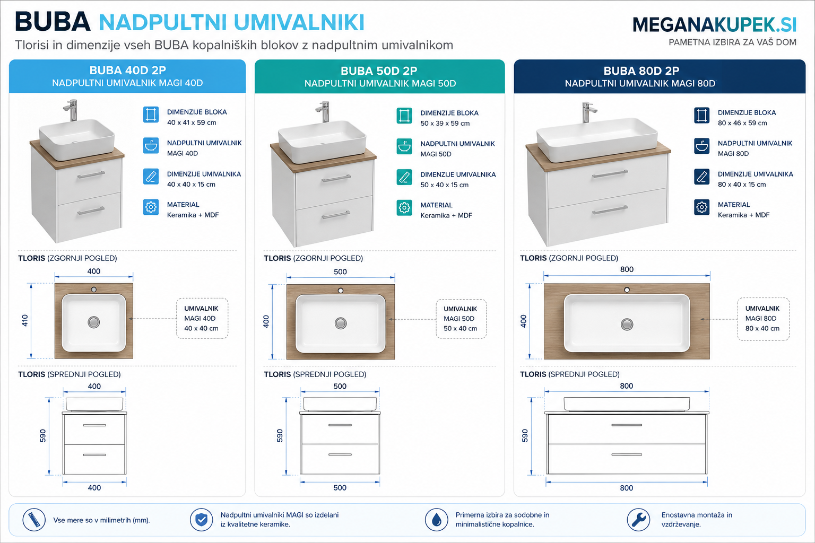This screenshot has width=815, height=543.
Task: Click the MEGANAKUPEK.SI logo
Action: [714, 25]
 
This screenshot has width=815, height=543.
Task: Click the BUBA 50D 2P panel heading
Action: [379, 71]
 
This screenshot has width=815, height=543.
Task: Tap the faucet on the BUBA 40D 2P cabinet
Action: [71, 110]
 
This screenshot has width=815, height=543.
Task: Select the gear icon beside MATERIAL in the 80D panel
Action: [701, 207]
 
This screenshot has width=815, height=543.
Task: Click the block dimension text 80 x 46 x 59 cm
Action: [742, 123]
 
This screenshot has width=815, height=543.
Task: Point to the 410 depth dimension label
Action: [25, 320]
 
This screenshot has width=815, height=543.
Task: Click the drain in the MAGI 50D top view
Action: [341, 323]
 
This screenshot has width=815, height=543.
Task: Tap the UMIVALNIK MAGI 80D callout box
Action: [763, 319]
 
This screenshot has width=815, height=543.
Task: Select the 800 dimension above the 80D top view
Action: [627, 269]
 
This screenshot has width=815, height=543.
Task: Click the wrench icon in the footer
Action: [638, 520]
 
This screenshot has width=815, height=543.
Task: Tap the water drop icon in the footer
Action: [436, 520]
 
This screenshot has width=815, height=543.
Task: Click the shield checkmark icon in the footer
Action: [201, 520]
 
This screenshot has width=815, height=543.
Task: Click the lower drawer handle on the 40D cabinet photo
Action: [91, 211]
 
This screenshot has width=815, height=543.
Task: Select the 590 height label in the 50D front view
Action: [280, 435]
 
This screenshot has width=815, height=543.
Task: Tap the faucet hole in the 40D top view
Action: [93, 290]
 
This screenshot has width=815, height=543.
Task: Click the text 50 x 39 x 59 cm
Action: [445, 124]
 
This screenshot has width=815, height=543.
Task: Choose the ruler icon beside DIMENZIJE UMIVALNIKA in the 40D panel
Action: [151, 177]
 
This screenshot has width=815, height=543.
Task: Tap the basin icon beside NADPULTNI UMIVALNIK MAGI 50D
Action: [404, 146]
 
